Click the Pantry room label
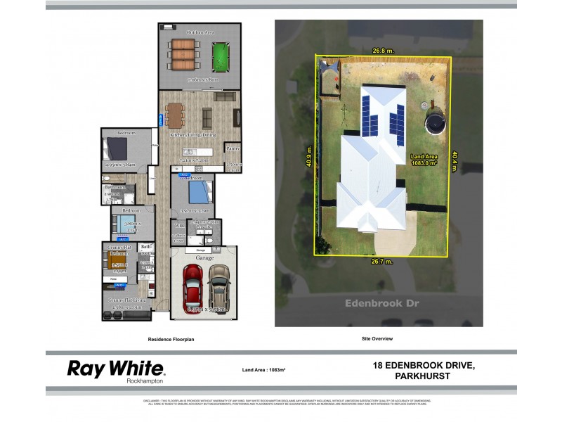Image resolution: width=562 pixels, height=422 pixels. point(233,149)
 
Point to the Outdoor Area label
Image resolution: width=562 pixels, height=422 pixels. point(200,33)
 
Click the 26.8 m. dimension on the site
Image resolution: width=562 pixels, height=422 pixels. point(381,51)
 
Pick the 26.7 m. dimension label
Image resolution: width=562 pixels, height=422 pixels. point(381,262)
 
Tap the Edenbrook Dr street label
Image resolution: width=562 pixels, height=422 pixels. point(377,303)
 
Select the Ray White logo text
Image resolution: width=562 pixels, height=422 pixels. point(115,368)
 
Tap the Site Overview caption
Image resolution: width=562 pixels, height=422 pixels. point(377,339)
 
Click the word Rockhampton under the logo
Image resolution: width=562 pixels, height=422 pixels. point(145,381)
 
